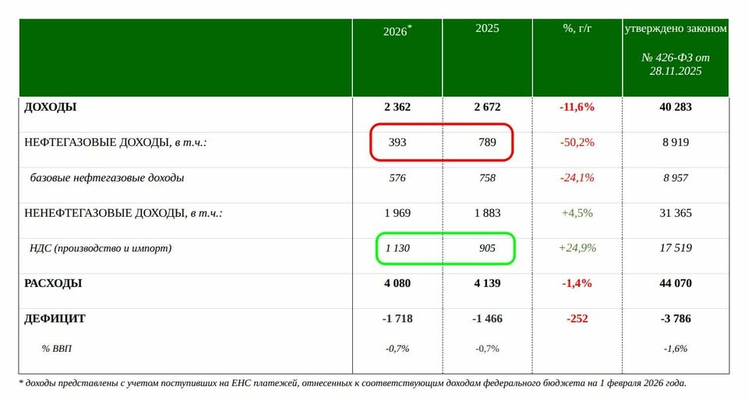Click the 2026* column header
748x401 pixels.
[397, 31]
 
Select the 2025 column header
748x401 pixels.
[487, 29]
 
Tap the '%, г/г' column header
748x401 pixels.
[577, 29]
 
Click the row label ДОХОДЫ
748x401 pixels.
[51, 107]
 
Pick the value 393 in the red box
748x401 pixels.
[397, 142]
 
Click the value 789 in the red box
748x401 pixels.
[487, 142]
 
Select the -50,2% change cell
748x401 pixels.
[577, 142]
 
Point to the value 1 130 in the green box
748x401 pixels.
[397, 248]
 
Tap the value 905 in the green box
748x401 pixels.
[487, 248]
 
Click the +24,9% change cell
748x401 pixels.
[577, 248]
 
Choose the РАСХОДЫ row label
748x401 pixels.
[54, 283]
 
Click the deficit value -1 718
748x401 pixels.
[397, 318]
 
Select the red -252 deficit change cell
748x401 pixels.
[577, 318]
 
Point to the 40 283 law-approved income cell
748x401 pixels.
[675, 107]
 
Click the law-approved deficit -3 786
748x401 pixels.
[675, 318]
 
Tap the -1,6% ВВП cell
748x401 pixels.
[675, 349]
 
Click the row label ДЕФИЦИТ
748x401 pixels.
[55, 318]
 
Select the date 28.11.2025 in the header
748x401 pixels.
[675, 71]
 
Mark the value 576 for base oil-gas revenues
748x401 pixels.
[397, 177]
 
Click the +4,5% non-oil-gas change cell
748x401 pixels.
[577, 213]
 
